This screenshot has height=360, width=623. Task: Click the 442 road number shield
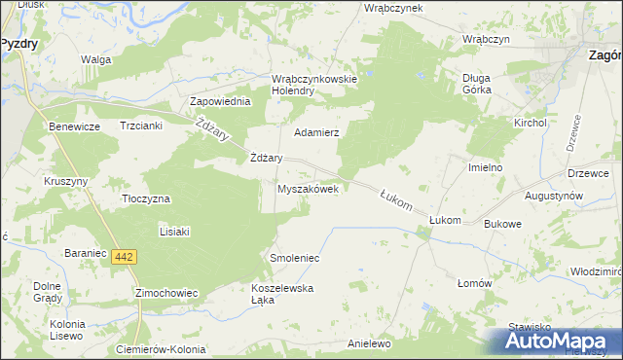123,257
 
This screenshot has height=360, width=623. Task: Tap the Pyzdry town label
18,44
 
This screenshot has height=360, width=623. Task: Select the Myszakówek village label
308,190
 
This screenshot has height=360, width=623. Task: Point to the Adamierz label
315,131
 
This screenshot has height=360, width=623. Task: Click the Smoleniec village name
294,258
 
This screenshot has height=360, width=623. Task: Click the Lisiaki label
174,232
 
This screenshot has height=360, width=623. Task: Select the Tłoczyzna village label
145,198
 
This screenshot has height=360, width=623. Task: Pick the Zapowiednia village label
221,101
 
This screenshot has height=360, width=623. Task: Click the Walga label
96,59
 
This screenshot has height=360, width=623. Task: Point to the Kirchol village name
531,124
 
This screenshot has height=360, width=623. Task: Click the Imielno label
485,167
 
